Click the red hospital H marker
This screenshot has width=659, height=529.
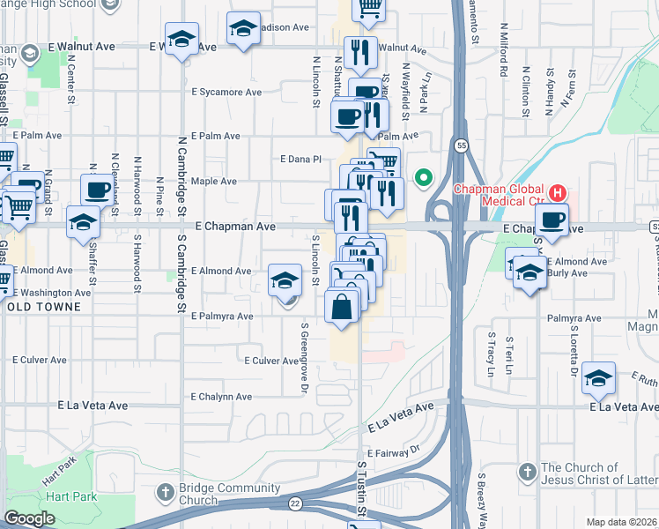[557, 191]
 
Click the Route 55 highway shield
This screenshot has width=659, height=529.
[461, 145]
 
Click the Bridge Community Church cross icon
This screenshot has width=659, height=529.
[165, 491]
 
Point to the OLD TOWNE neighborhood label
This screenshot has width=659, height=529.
[41, 307]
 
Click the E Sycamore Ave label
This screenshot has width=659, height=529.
[226, 92]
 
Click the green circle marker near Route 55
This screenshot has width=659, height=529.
[424, 177]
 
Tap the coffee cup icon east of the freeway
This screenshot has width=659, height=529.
[552, 220]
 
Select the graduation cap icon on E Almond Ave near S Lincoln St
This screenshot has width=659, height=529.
[285, 280]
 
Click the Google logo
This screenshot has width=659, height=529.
[29, 518]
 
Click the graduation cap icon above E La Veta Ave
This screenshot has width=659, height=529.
[598, 378]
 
